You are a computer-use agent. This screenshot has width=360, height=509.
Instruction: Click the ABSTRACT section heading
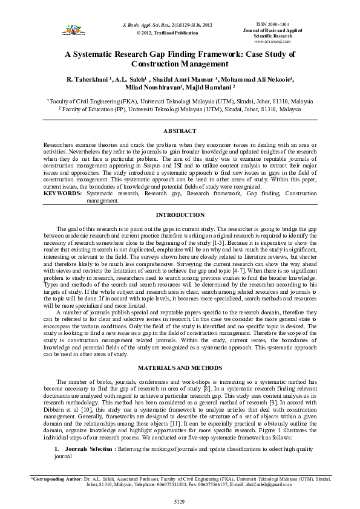pyautogui.click(x=180, y=131)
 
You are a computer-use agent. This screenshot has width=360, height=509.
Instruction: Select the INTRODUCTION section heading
pyautogui.click(x=180, y=215)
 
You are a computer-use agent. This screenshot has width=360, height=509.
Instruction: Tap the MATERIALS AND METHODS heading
pyautogui.click(x=180, y=368)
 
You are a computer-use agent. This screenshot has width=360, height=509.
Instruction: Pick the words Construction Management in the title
pyautogui.click(x=180, y=63)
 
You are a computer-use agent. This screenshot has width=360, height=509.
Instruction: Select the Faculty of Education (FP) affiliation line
pyautogui.click(x=180, y=110)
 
